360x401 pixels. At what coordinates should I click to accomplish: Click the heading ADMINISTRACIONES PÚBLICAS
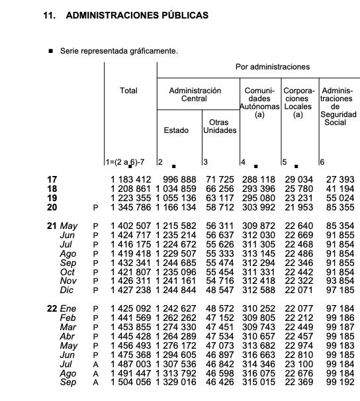pos(137,14)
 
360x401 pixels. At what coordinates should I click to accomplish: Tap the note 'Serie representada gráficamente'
pos(118,50)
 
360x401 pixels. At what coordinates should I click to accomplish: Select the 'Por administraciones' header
pos(272,67)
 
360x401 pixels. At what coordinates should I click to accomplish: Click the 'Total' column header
pos(128,90)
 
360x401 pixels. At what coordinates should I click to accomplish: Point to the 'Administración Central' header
pos(195,94)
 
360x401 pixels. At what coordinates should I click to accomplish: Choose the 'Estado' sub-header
pos(176,130)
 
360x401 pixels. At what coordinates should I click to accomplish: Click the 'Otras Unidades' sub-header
pos(219,126)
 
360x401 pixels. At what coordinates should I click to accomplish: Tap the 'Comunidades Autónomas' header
pos(259,102)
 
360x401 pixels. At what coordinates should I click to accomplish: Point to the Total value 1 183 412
pos(130,179)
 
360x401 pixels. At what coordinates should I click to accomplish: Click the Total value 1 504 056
pos(130,382)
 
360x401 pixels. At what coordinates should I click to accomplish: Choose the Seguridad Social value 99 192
pos(339,382)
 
